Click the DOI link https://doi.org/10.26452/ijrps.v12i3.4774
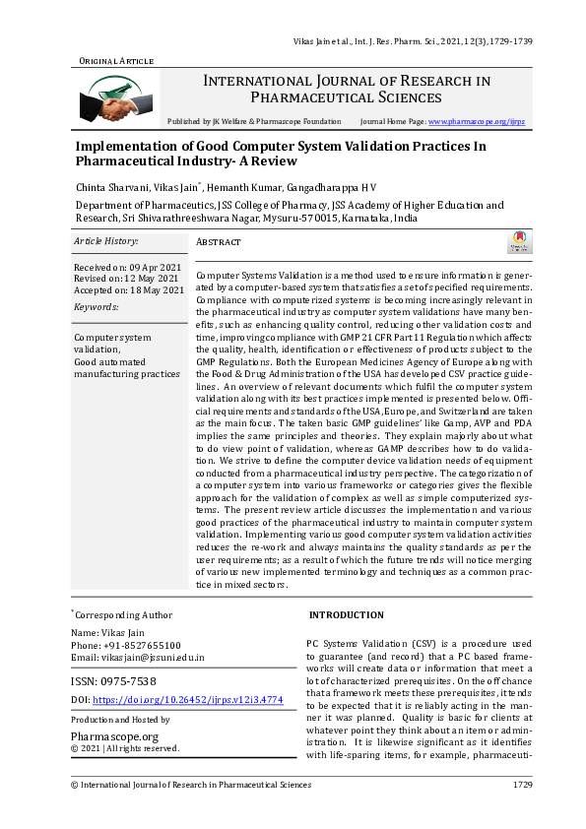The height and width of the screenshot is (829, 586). tap(187, 700)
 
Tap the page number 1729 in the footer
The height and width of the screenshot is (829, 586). tap(522, 785)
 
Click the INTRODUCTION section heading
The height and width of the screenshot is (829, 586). tap(347, 614)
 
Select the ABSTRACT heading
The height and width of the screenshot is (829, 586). tap(219, 241)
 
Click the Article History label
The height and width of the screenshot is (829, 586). tap(106, 240)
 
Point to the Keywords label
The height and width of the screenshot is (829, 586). tap(97, 307)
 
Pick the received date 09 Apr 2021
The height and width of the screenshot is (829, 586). tap(151, 267)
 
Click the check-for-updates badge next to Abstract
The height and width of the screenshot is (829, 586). tap(517, 242)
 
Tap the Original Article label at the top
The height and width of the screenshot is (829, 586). tap(116, 61)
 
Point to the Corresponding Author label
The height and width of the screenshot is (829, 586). tap(123, 614)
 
